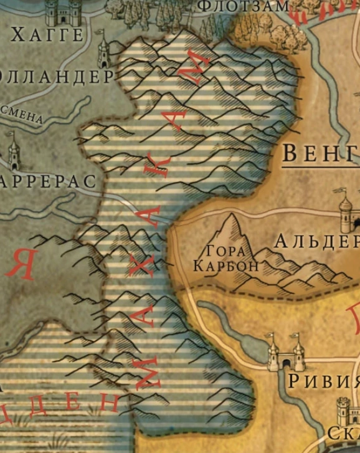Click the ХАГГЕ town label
tap(47, 34)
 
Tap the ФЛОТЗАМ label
tap(243, 6)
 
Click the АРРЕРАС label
tap(48, 181)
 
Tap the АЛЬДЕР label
tap(316, 241)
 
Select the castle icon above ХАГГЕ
tap(59, 11)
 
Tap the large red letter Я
tap(21, 265)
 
